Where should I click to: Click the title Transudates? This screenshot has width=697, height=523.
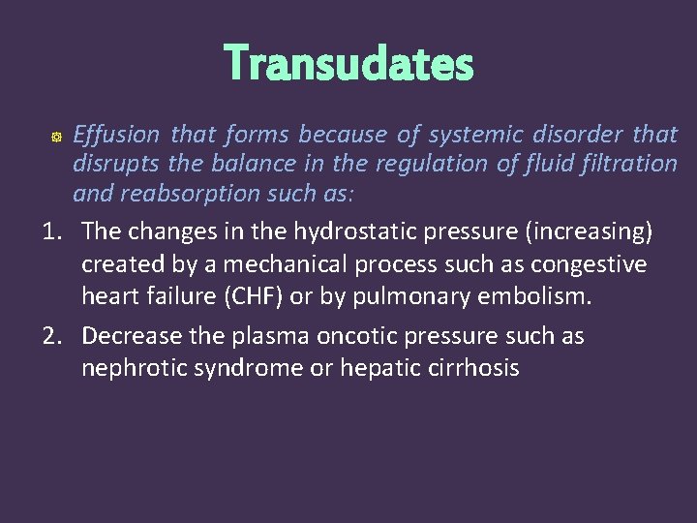348,64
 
